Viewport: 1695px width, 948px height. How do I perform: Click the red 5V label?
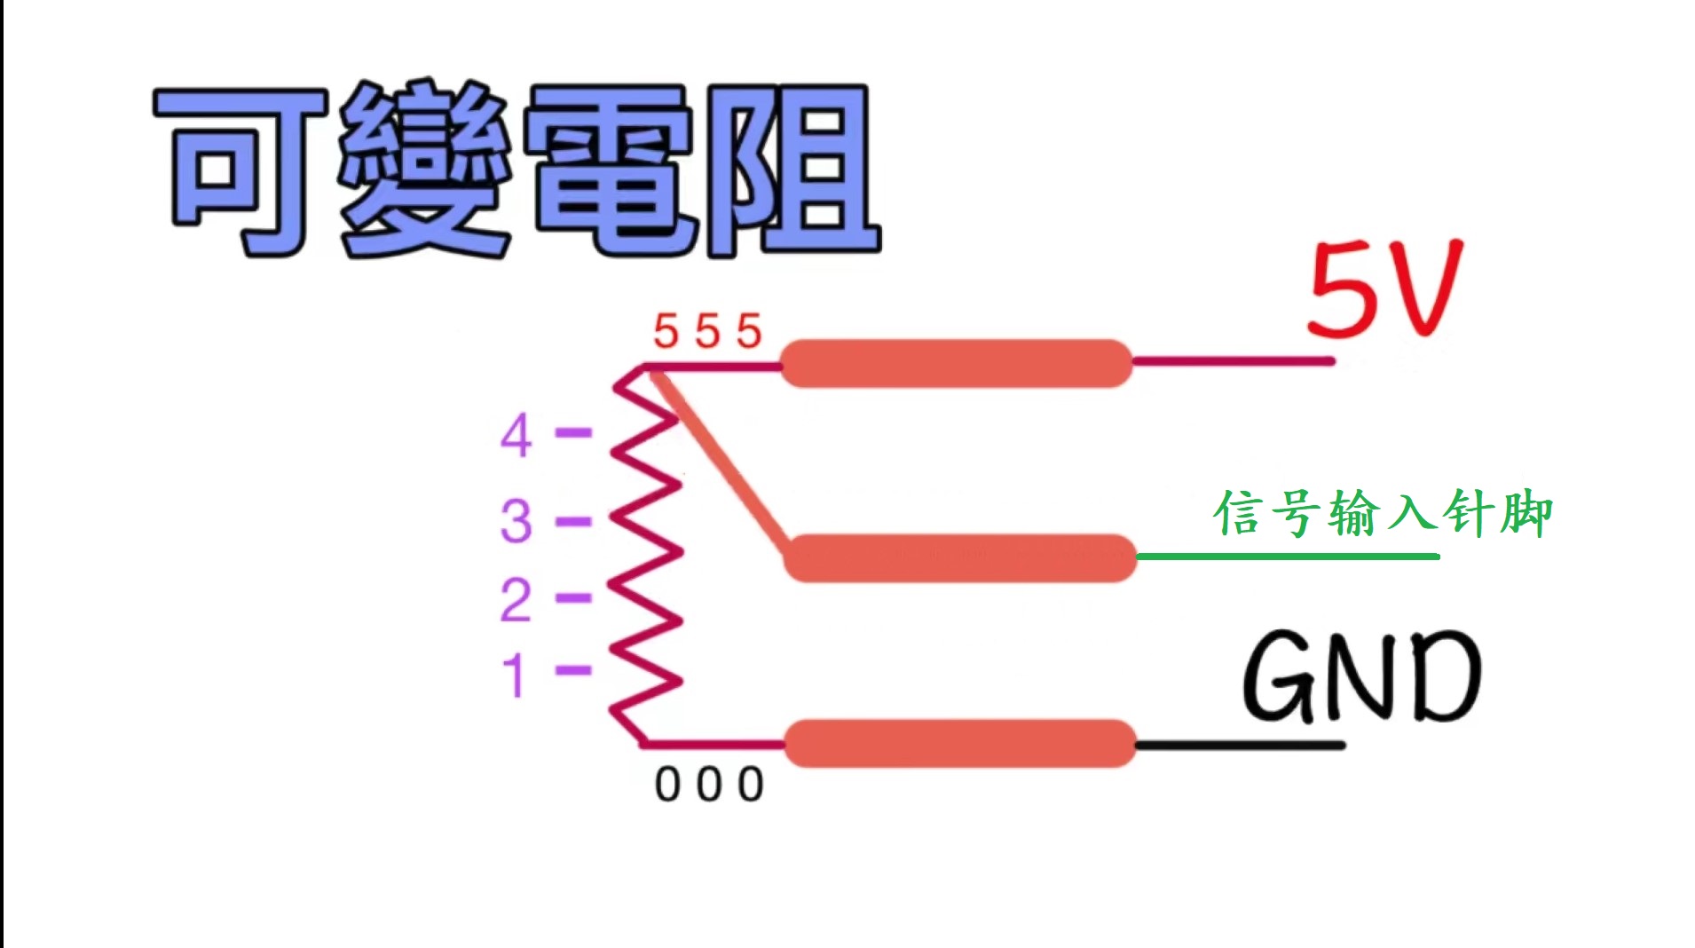1384,290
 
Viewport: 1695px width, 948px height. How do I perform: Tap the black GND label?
1361,676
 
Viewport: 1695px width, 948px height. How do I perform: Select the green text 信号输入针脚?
1383,514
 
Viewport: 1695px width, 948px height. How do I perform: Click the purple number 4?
516,436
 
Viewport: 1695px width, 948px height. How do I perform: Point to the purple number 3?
516,521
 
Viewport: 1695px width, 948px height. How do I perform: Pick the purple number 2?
516,600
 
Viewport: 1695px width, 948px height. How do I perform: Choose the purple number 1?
515,675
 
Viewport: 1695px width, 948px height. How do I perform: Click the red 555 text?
707,332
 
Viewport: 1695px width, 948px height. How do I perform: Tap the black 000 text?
709,785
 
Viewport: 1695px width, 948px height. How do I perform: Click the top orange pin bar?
956,363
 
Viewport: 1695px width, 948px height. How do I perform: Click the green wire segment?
1287,557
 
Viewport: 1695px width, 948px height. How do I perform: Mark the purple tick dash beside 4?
573,433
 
